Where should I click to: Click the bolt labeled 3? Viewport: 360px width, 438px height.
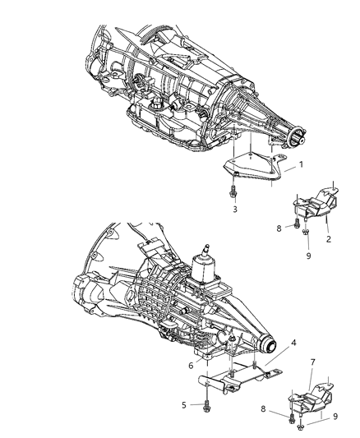point(236,191)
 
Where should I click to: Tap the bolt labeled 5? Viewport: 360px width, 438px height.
point(204,404)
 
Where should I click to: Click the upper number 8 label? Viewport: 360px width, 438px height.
point(279,228)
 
